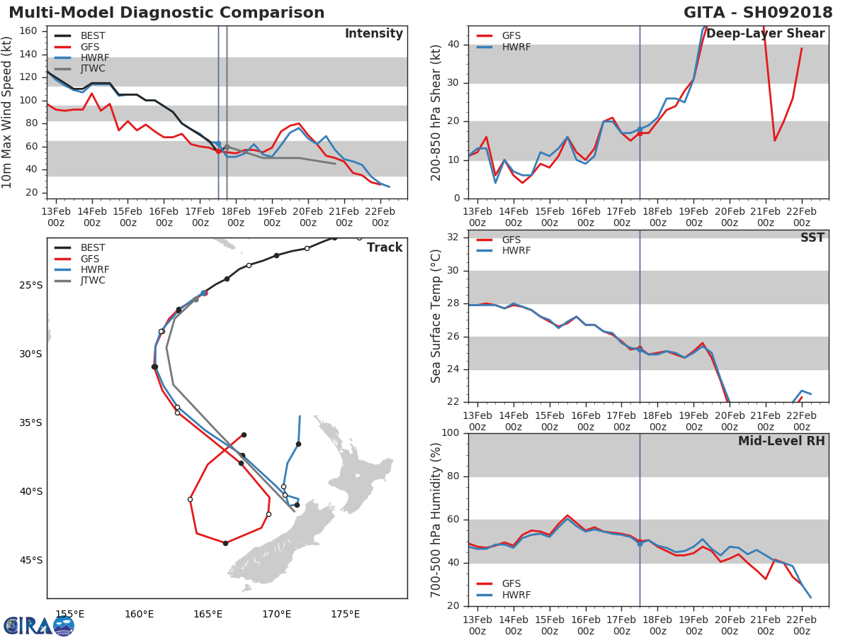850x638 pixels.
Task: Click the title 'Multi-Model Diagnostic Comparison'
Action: (166, 12)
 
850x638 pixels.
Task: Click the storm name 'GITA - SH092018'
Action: (758, 12)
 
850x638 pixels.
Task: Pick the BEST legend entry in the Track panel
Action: (80, 247)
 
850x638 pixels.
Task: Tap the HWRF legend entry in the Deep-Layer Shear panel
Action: (504, 47)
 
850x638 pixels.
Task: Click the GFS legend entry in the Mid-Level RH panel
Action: (499, 583)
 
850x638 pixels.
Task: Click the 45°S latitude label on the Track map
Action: (31, 560)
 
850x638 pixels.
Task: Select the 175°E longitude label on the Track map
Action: (346, 614)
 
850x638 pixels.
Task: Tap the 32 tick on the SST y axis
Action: (453, 237)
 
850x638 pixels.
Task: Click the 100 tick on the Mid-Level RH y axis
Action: (450, 432)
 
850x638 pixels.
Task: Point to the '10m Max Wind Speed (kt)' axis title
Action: (6, 112)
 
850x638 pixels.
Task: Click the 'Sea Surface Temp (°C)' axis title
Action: (436, 316)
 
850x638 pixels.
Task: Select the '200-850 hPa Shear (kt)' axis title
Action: (436, 113)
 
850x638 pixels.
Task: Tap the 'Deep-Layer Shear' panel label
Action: (766, 33)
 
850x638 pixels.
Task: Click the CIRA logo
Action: (39, 626)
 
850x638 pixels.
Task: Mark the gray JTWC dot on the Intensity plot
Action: (227, 147)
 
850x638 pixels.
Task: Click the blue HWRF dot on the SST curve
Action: (640, 349)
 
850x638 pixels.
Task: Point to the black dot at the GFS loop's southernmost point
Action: (226, 543)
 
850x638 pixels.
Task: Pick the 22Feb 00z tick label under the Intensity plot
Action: (380, 217)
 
